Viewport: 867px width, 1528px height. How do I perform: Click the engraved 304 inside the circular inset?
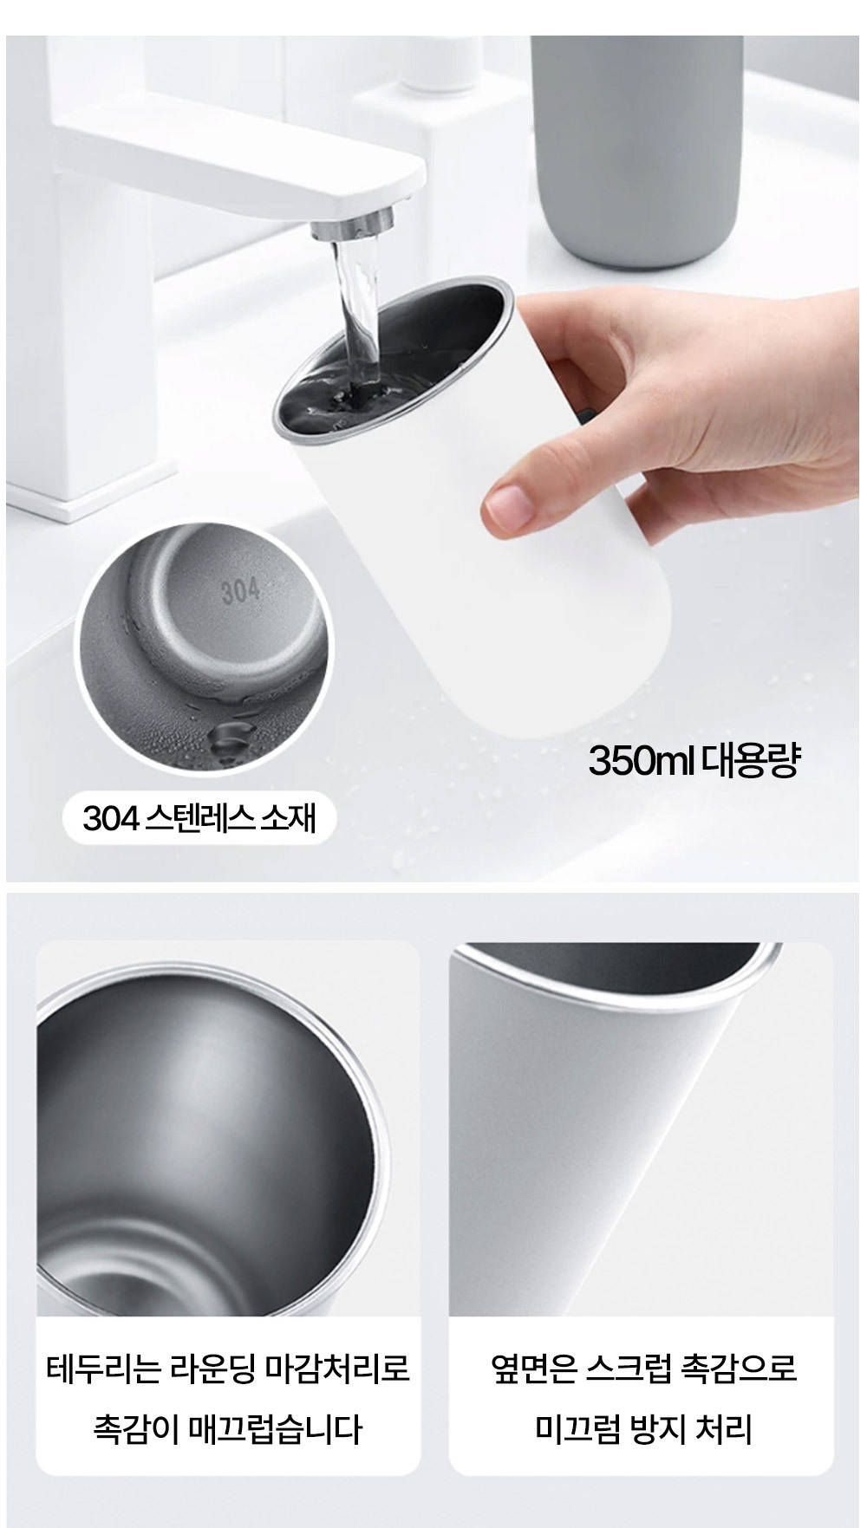240,590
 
